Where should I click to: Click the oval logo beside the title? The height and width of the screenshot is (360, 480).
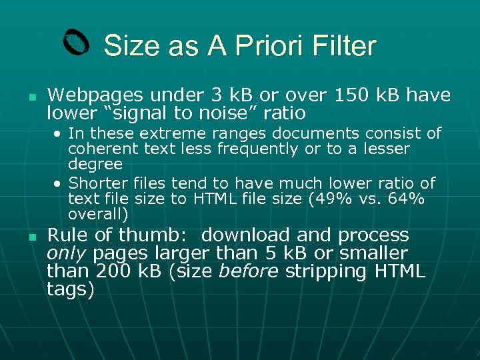pos(76,43)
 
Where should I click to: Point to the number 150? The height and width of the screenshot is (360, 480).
pos(350,95)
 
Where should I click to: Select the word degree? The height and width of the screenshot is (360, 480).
pos(95,164)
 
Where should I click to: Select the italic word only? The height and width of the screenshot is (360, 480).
pos(67,253)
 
